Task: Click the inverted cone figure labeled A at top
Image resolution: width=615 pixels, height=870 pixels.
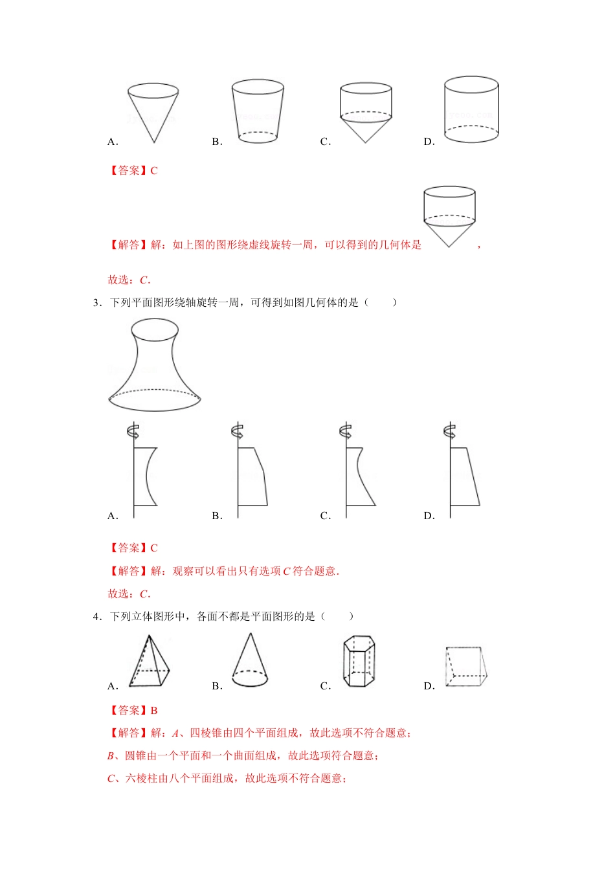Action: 153,110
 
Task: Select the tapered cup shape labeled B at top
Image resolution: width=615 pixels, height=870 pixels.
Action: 258,110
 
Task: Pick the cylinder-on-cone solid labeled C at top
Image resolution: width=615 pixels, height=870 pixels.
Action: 365,111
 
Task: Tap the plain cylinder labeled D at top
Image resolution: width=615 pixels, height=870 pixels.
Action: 471,109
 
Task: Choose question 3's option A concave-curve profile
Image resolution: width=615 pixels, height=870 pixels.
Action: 146,476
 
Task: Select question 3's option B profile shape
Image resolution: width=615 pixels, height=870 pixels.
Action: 252,476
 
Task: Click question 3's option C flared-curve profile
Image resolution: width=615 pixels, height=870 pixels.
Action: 359,476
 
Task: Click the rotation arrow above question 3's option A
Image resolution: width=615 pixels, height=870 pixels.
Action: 133,430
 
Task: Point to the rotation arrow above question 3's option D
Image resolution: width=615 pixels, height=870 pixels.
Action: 449,430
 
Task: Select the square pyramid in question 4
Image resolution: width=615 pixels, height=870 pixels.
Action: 150,661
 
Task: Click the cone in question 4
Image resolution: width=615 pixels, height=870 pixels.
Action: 250,661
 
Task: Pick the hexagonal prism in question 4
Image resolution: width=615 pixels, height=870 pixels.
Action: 359,661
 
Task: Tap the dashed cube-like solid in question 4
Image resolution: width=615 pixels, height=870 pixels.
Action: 465,666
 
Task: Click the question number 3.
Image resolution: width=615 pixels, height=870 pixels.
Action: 96,302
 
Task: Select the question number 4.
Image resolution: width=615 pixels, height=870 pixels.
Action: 96,616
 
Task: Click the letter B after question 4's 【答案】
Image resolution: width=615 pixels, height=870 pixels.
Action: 154,710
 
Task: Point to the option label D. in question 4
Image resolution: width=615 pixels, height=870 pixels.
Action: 429,686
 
